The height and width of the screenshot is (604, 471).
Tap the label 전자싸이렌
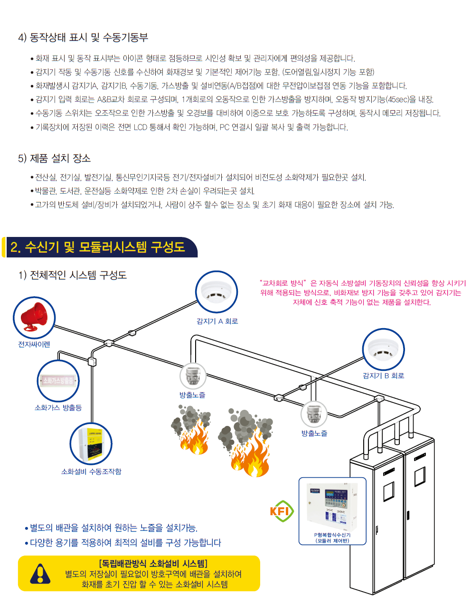click(x=34, y=344)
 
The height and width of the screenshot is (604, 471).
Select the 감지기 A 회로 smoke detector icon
click(x=217, y=292)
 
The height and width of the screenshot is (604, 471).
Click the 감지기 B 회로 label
click(x=383, y=376)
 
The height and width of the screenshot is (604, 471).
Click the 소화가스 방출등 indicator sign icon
click(x=58, y=381)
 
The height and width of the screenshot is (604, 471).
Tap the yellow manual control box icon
click(x=91, y=444)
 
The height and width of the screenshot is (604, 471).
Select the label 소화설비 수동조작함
click(x=91, y=472)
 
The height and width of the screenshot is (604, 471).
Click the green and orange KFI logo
click(x=281, y=511)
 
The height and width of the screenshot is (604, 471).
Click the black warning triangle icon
click(x=40, y=574)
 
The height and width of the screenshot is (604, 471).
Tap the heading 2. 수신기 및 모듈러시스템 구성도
click(x=98, y=247)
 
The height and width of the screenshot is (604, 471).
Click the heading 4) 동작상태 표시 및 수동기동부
click(x=83, y=37)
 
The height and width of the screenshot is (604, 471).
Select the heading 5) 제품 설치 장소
click(x=54, y=158)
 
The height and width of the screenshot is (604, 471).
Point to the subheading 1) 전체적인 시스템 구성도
click(x=72, y=275)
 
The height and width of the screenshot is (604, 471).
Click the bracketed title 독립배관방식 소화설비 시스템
click(x=153, y=564)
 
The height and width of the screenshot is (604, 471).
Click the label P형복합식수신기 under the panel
click(x=332, y=535)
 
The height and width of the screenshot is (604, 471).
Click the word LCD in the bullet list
click(x=140, y=127)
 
